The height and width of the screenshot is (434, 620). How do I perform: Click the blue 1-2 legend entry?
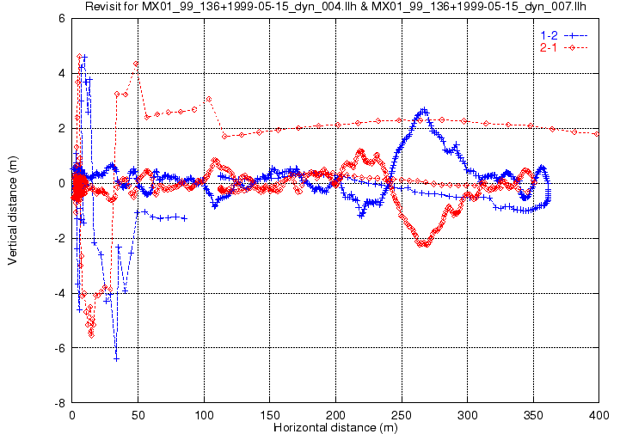562,34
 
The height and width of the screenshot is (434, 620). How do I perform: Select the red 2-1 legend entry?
562,47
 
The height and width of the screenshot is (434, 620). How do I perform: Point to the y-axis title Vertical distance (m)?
12,210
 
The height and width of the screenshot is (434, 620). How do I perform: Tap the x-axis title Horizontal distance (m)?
335,427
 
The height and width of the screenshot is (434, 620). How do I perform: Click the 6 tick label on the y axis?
62,18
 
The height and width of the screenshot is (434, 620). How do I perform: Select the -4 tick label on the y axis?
59,293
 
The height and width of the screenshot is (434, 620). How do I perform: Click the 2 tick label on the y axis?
62,128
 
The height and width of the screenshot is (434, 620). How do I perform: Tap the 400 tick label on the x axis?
599,415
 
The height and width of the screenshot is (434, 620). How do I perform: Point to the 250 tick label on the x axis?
402,415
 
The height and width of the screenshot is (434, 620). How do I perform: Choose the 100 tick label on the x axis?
204,415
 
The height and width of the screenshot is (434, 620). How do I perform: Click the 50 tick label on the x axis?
138,415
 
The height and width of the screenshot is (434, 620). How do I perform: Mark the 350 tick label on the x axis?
533,415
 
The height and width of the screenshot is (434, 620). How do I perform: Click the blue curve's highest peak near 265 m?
424,110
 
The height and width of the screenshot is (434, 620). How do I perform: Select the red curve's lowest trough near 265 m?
424,245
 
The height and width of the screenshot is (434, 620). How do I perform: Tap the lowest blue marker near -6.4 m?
116,358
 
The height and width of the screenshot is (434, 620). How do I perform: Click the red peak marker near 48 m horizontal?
136,64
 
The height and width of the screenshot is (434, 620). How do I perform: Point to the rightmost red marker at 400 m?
597,134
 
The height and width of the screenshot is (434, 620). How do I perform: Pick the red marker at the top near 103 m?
208,99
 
